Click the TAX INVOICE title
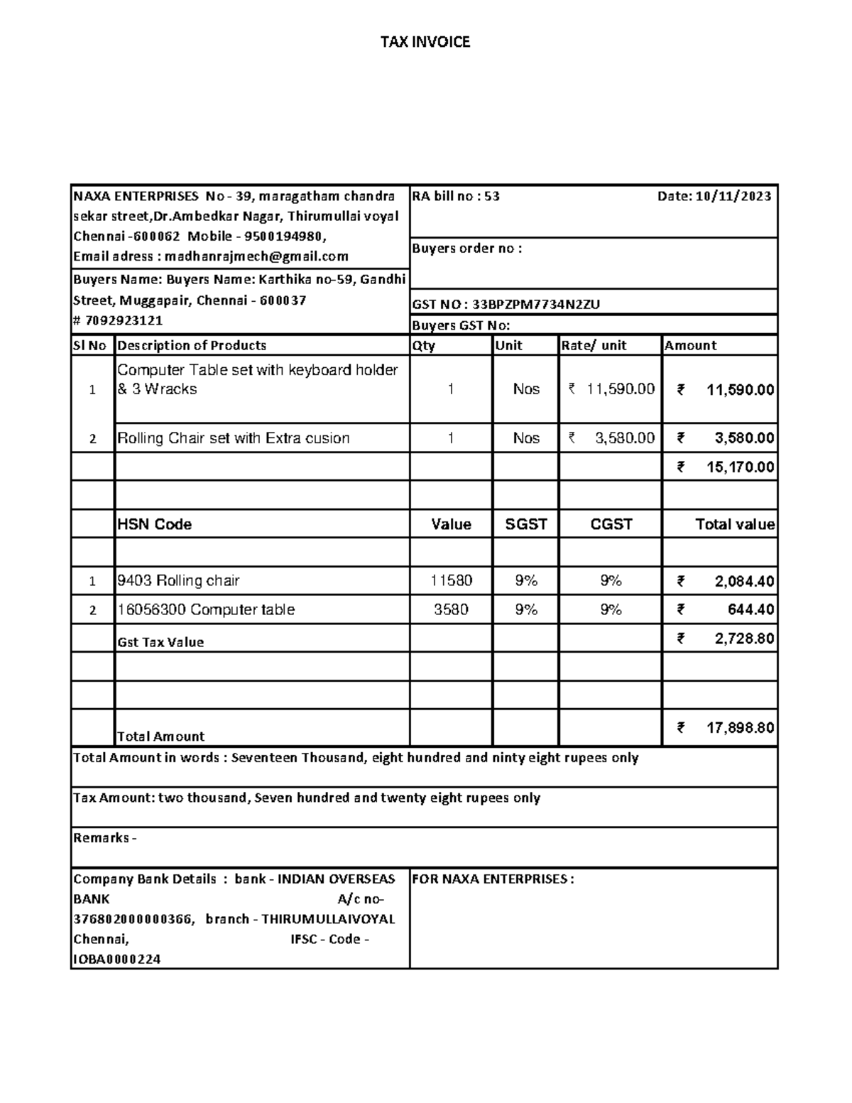[425, 42]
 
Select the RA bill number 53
[492, 197]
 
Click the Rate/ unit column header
[594, 346]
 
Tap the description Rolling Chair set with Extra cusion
[234, 438]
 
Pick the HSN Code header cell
[155, 524]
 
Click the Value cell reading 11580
[451, 581]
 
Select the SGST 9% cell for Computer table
[526, 610]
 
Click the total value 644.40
[750, 610]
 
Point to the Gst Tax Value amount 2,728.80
[743, 639]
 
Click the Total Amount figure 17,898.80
[740, 728]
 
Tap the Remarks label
[102, 838]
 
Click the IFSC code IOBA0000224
[117, 960]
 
